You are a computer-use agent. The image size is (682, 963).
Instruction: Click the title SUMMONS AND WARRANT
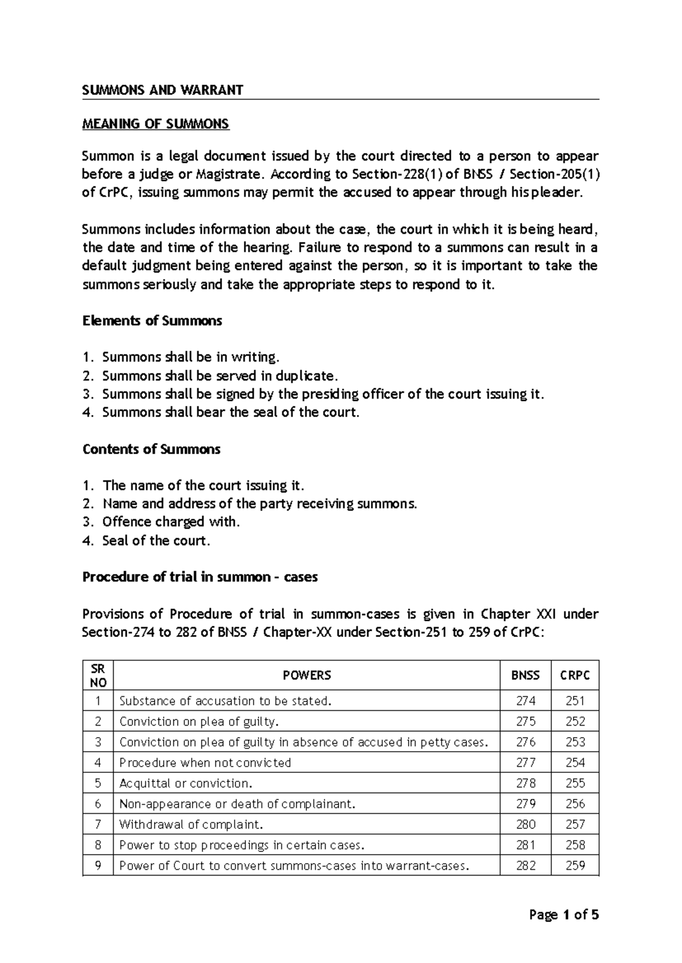coord(163,90)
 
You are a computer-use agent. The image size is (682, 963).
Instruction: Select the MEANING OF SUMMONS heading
coord(156,124)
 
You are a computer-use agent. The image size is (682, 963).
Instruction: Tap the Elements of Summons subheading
coord(152,321)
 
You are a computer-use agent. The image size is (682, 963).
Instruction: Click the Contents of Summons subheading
coord(151,449)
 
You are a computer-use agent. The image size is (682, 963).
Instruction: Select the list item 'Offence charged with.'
coord(170,522)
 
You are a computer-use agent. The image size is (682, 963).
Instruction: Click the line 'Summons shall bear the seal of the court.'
coord(231,412)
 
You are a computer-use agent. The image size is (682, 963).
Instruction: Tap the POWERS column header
coord(306,675)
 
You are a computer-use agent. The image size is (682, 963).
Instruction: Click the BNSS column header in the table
coord(525,675)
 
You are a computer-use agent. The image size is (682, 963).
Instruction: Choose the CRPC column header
coord(575,675)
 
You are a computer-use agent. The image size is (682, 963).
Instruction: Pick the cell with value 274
coord(525,701)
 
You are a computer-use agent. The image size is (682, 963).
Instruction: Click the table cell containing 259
coord(575,865)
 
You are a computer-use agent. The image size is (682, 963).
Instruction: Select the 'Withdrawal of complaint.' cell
coord(192,824)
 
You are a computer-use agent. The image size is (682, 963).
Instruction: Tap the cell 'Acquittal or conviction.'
coord(186,783)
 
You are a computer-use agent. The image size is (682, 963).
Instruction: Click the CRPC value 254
coord(575,763)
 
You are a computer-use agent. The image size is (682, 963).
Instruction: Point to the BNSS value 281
coord(525,845)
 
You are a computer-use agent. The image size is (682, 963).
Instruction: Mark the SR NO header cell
coord(98,675)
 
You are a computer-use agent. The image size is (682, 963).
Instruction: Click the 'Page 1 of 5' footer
coord(564,915)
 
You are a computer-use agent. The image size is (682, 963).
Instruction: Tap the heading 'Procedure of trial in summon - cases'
coord(200,577)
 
